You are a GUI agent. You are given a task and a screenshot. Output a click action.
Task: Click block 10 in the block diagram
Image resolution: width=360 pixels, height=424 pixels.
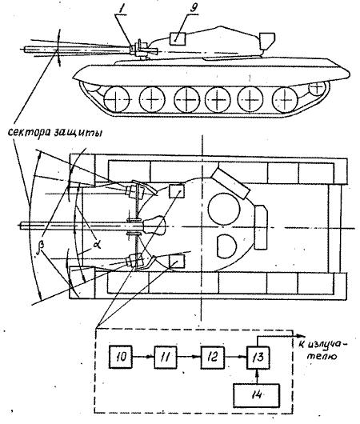pyautogui.click(x=121, y=358)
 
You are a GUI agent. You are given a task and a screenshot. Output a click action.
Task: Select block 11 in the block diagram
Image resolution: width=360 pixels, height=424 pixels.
pyautogui.click(x=166, y=358)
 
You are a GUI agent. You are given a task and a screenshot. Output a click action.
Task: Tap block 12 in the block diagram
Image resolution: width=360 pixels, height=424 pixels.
pyautogui.click(x=213, y=358)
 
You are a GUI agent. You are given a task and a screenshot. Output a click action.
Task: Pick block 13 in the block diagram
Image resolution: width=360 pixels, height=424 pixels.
pyautogui.click(x=258, y=358)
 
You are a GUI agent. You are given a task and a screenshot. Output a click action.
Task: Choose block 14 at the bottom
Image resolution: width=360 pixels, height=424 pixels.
pyautogui.click(x=256, y=395)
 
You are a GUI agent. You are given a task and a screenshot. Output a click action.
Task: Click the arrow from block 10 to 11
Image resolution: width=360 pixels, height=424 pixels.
pyautogui.click(x=143, y=358)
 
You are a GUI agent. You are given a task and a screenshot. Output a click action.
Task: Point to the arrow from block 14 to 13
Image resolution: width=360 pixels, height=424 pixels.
pyautogui.click(x=258, y=376)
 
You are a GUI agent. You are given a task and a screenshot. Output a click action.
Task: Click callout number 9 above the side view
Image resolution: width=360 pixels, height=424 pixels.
pyautogui.click(x=194, y=8)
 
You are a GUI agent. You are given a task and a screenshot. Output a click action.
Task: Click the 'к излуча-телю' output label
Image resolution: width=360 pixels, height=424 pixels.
pyautogui.click(x=323, y=349)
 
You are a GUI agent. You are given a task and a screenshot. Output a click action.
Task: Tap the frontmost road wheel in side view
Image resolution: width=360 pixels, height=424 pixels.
pyautogui.click(x=117, y=99)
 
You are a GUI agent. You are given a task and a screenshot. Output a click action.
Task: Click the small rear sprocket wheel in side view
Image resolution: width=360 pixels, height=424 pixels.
pyautogui.click(x=317, y=88)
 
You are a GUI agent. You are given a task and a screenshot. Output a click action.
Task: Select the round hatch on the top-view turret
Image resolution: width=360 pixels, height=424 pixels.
pyautogui.click(x=224, y=209)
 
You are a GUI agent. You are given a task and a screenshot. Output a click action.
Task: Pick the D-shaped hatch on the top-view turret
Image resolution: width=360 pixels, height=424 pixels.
pyautogui.click(x=226, y=246)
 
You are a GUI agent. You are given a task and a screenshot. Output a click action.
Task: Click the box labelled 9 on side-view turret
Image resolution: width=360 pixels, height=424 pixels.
pyautogui.click(x=178, y=38)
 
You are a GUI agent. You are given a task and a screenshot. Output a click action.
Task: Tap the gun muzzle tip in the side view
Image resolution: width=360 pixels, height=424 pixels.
pyautogui.click(x=25, y=50)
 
